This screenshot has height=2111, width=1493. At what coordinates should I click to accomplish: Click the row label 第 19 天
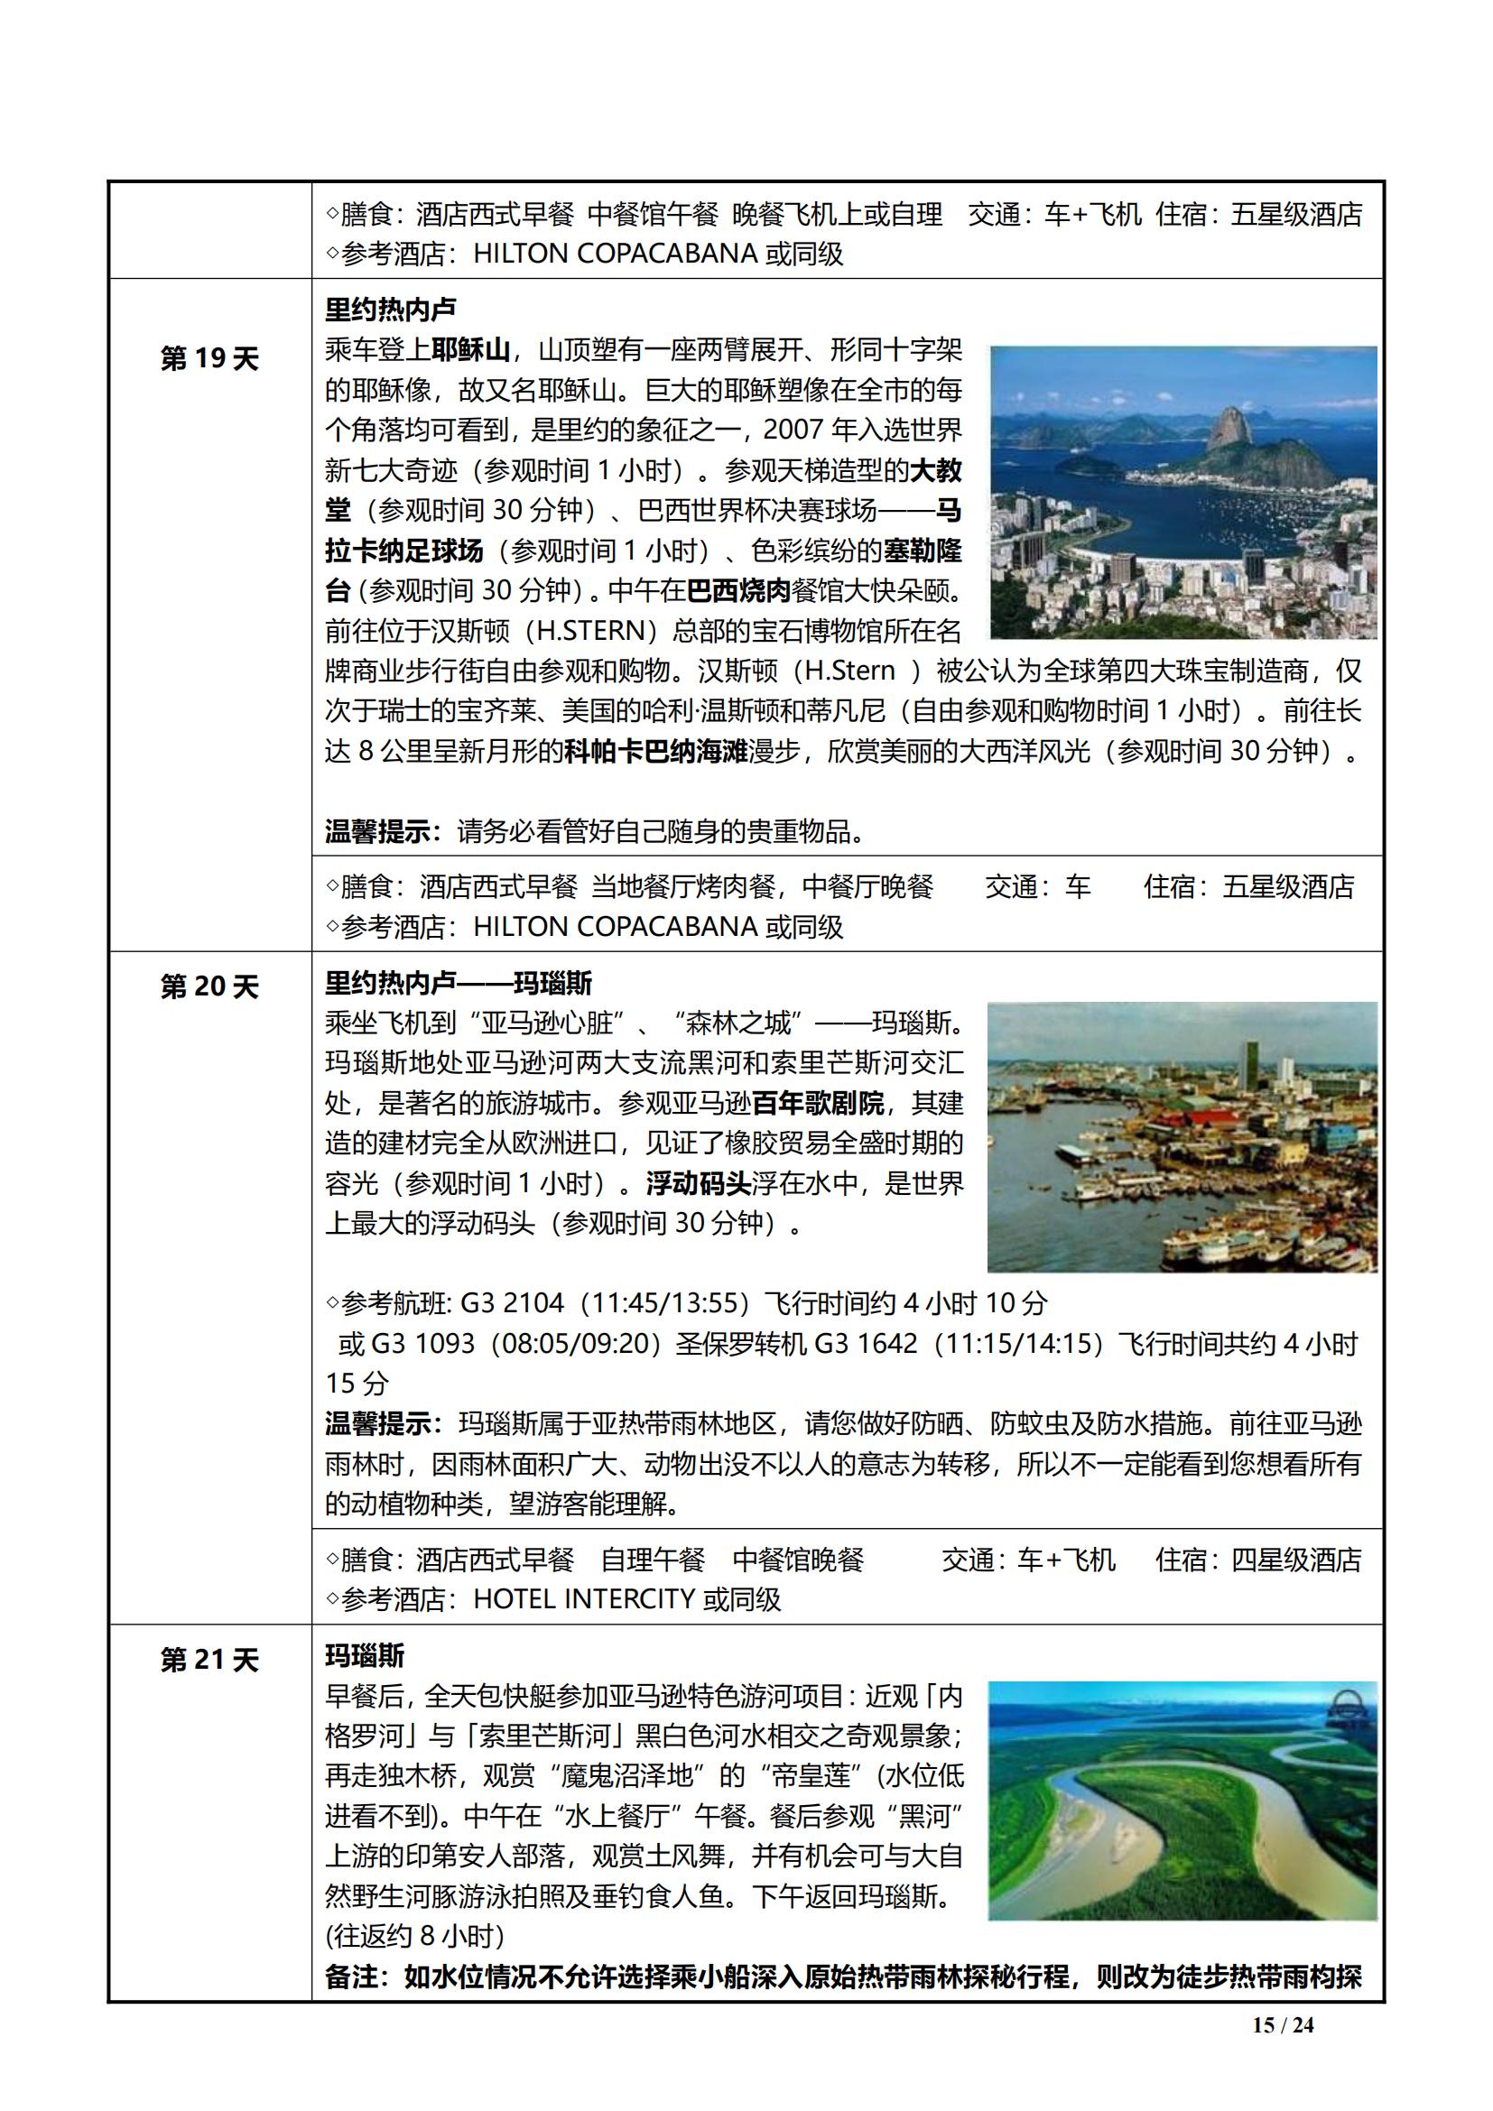[209, 358]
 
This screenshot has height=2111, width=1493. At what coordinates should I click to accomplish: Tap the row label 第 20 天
[209, 986]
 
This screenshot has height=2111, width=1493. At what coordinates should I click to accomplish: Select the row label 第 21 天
[209, 1660]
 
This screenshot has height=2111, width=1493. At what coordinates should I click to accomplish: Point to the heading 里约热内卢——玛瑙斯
[459, 983]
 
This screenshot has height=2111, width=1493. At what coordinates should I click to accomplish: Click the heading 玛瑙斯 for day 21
[365, 1656]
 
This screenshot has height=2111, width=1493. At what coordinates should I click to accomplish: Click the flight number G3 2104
[512, 1303]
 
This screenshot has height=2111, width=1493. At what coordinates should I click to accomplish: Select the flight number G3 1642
[865, 1343]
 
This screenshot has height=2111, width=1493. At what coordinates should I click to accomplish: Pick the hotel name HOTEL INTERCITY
[583, 1599]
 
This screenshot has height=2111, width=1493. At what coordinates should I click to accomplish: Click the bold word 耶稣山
[470, 350]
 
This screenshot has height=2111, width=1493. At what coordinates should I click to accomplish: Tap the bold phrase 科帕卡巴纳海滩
[656, 751]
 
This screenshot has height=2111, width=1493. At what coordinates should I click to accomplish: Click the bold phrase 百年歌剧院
[817, 1102]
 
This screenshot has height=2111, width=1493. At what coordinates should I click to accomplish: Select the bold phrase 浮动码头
[699, 1183]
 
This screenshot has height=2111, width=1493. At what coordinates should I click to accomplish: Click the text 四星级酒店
[1296, 1560]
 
